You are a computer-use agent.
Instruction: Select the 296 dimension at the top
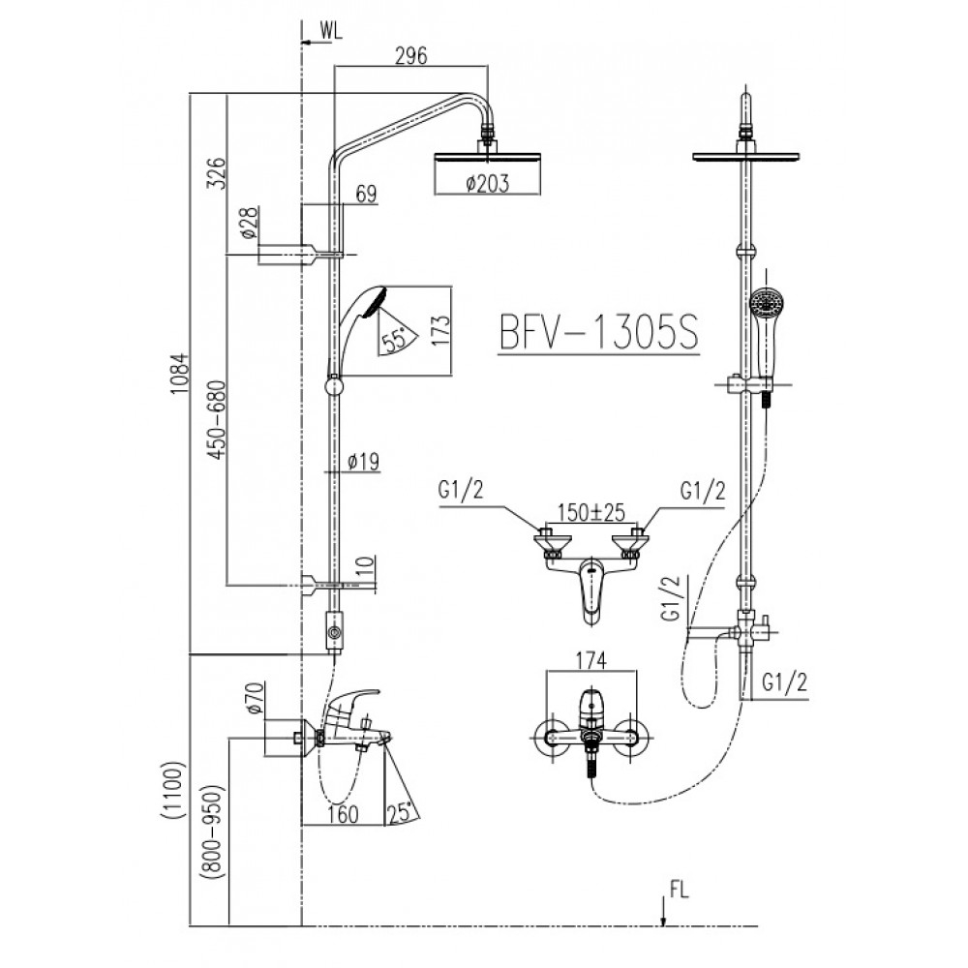click(x=411, y=55)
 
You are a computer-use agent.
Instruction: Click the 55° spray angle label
click(x=394, y=339)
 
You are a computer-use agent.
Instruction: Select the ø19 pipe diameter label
click(x=362, y=462)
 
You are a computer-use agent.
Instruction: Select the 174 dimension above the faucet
click(x=590, y=661)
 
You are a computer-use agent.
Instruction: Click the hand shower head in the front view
click(x=765, y=302)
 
